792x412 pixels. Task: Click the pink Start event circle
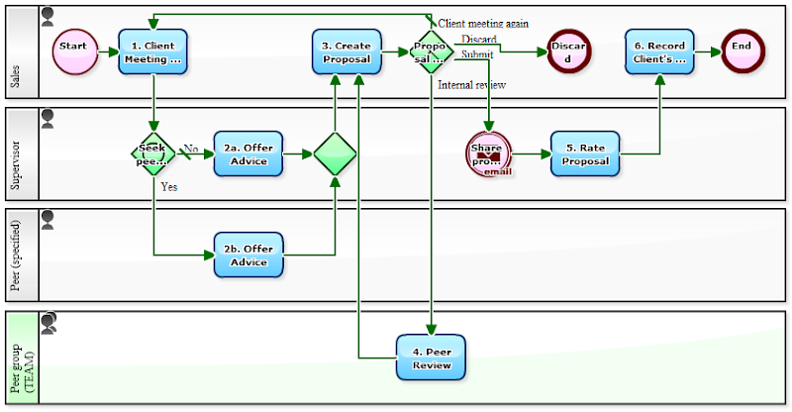74,48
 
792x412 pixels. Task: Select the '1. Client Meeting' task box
152,51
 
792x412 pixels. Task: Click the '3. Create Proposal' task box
346,51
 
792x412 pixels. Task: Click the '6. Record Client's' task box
659,51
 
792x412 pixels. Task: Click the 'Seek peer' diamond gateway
152,154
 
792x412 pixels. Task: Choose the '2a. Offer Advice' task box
248,154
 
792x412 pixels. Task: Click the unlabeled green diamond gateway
335,154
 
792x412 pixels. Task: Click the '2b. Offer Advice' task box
248,256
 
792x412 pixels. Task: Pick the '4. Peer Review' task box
431,358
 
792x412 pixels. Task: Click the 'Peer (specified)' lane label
17,255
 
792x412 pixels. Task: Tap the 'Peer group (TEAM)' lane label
21,358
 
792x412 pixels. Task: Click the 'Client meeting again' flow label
483,23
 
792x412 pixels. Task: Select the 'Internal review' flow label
472,86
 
